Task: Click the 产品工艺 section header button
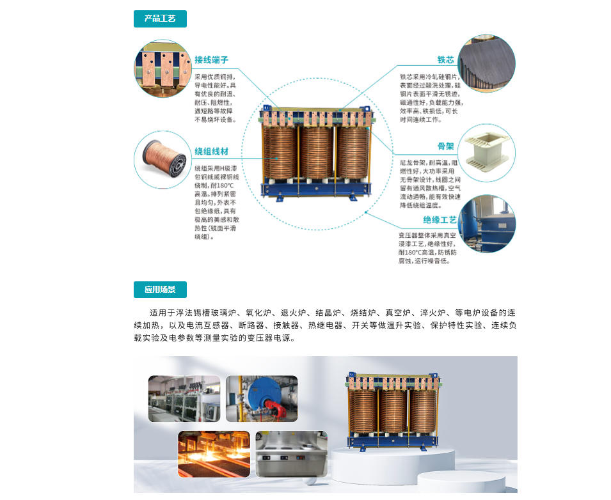(160, 19)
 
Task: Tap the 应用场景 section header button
(160, 289)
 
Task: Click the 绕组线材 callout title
(211, 152)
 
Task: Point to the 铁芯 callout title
(445, 59)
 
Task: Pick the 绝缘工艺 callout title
(440, 220)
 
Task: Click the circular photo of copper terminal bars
(163, 68)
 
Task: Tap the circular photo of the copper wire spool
(163, 160)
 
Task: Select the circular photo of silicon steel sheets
(487, 63)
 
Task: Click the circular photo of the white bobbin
(487, 152)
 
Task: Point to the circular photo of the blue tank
(487, 224)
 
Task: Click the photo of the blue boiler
(262, 398)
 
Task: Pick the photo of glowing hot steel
(214, 454)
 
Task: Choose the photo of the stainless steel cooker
(291, 454)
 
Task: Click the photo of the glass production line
(184, 398)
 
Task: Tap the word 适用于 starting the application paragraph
(162, 313)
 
